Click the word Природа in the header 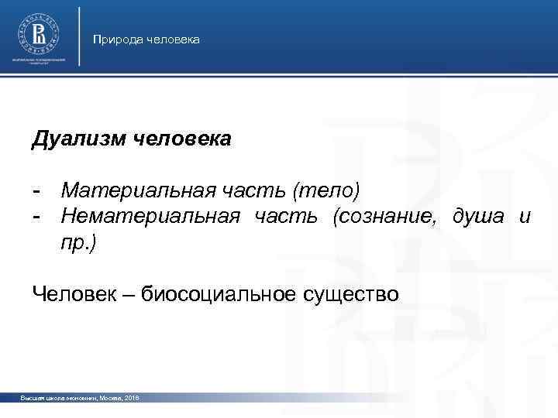coord(113,39)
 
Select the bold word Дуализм coord(78,140)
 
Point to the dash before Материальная coord(36,190)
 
